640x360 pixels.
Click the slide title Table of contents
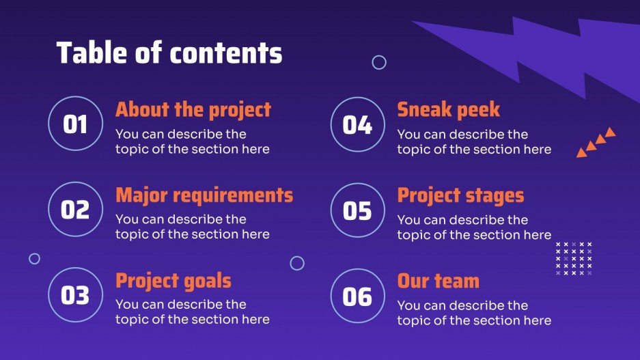tap(169, 53)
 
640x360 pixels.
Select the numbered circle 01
tap(75, 124)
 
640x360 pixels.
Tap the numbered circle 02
tap(75, 209)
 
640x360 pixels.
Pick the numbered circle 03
tap(75, 295)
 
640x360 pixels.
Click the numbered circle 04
tap(357, 124)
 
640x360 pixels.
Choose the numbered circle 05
tap(357, 210)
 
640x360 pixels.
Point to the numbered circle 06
tap(357, 296)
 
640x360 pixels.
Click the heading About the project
tap(193, 110)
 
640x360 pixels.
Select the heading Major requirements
tap(204, 195)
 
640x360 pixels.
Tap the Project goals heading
tap(173, 281)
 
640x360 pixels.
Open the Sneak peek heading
tap(449, 110)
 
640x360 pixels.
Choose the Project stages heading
tap(460, 195)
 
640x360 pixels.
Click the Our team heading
tap(438, 281)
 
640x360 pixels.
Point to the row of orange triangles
tap(596, 142)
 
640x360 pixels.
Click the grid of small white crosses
tap(574, 258)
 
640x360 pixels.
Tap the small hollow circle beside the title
tap(379, 62)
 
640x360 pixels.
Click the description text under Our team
tap(474, 313)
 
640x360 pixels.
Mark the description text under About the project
tap(192, 141)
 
